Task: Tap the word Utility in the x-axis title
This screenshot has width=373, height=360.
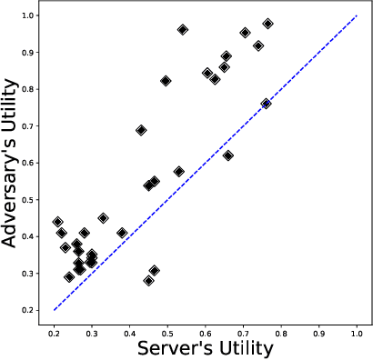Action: pos(245,348)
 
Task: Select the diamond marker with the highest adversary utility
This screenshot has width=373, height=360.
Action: pos(267,24)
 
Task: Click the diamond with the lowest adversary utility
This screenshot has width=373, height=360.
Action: pos(149,280)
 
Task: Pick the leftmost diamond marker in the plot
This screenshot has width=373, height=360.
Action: pos(57,222)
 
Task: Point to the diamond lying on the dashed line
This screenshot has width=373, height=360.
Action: pos(266,104)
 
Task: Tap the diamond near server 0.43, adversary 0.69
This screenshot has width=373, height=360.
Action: pos(141,130)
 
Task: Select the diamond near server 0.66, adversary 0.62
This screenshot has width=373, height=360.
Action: pos(227,155)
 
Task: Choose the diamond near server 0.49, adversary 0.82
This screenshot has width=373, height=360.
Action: pos(166,81)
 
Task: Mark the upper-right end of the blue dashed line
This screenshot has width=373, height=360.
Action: pos(357,16)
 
